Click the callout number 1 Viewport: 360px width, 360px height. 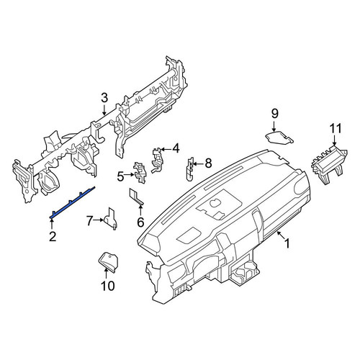[x=287, y=243]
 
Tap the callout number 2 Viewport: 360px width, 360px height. [x=53, y=236]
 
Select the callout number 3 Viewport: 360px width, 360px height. [x=104, y=99]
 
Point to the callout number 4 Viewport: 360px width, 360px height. [x=176, y=148]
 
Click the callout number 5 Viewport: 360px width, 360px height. [x=120, y=177]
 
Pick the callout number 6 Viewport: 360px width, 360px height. [x=140, y=222]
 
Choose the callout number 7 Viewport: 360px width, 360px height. [x=89, y=220]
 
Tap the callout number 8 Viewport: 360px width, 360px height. [x=208, y=163]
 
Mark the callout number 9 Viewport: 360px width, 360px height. [x=274, y=113]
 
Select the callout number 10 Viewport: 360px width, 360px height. [x=108, y=286]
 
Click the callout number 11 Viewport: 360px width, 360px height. [x=336, y=129]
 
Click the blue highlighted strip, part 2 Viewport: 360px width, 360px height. [x=73, y=202]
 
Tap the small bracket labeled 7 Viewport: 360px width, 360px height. [x=110, y=218]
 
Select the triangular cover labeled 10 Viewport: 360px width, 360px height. [x=109, y=262]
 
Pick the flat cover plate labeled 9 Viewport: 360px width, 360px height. [x=279, y=138]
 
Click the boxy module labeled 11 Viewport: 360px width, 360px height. [x=329, y=165]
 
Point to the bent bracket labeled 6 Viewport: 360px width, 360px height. [x=136, y=197]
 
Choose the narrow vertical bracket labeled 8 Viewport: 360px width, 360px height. [x=190, y=168]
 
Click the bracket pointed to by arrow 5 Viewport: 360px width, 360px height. [x=140, y=173]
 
